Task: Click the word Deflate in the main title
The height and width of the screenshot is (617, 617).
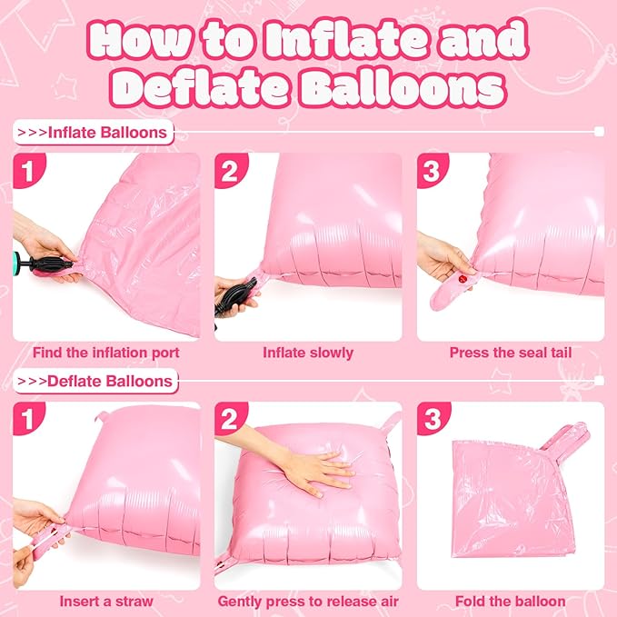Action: click(x=201, y=87)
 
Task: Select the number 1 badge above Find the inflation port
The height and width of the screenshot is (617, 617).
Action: click(x=28, y=171)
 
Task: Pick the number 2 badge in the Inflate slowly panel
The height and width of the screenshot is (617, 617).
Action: click(x=230, y=171)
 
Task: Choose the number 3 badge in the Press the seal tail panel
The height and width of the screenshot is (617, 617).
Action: click(x=432, y=171)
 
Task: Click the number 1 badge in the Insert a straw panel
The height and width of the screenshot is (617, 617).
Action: click(x=28, y=419)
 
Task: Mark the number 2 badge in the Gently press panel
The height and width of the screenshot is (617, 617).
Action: click(x=230, y=419)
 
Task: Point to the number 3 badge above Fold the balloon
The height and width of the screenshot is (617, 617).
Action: click(x=433, y=419)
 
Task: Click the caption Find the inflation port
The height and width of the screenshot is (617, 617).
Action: click(x=105, y=353)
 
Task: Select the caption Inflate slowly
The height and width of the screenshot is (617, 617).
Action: click(x=308, y=353)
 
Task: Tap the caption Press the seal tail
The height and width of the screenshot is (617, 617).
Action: click(x=511, y=353)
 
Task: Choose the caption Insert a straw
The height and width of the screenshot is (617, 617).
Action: click(x=106, y=602)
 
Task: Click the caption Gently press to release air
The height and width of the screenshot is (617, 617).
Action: click(x=308, y=602)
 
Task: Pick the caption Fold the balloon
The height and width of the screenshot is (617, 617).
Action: click(x=511, y=602)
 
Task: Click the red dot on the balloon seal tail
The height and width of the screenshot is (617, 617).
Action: click(x=462, y=279)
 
